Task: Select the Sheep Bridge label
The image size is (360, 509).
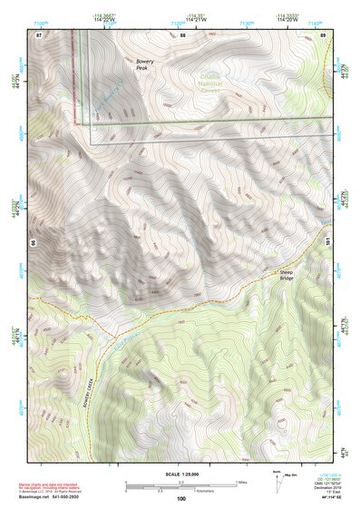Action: pos(287,273)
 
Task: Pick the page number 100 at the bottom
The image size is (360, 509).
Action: pos(181,498)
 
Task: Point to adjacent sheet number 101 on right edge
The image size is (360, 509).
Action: pos(326,240)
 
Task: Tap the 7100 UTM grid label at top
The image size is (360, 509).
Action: pos(64,20)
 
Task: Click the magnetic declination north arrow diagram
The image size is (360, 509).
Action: pos(277,478)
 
